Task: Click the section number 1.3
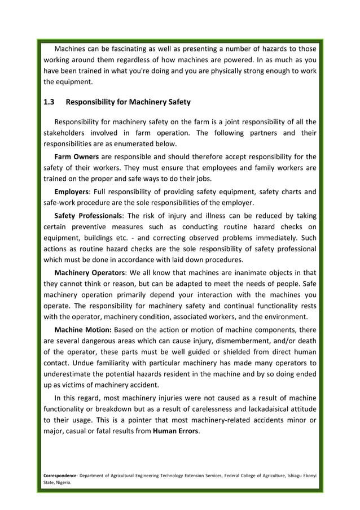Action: point(49,102)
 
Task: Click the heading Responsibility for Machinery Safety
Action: point(128,102)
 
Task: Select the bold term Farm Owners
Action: point(76,156)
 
